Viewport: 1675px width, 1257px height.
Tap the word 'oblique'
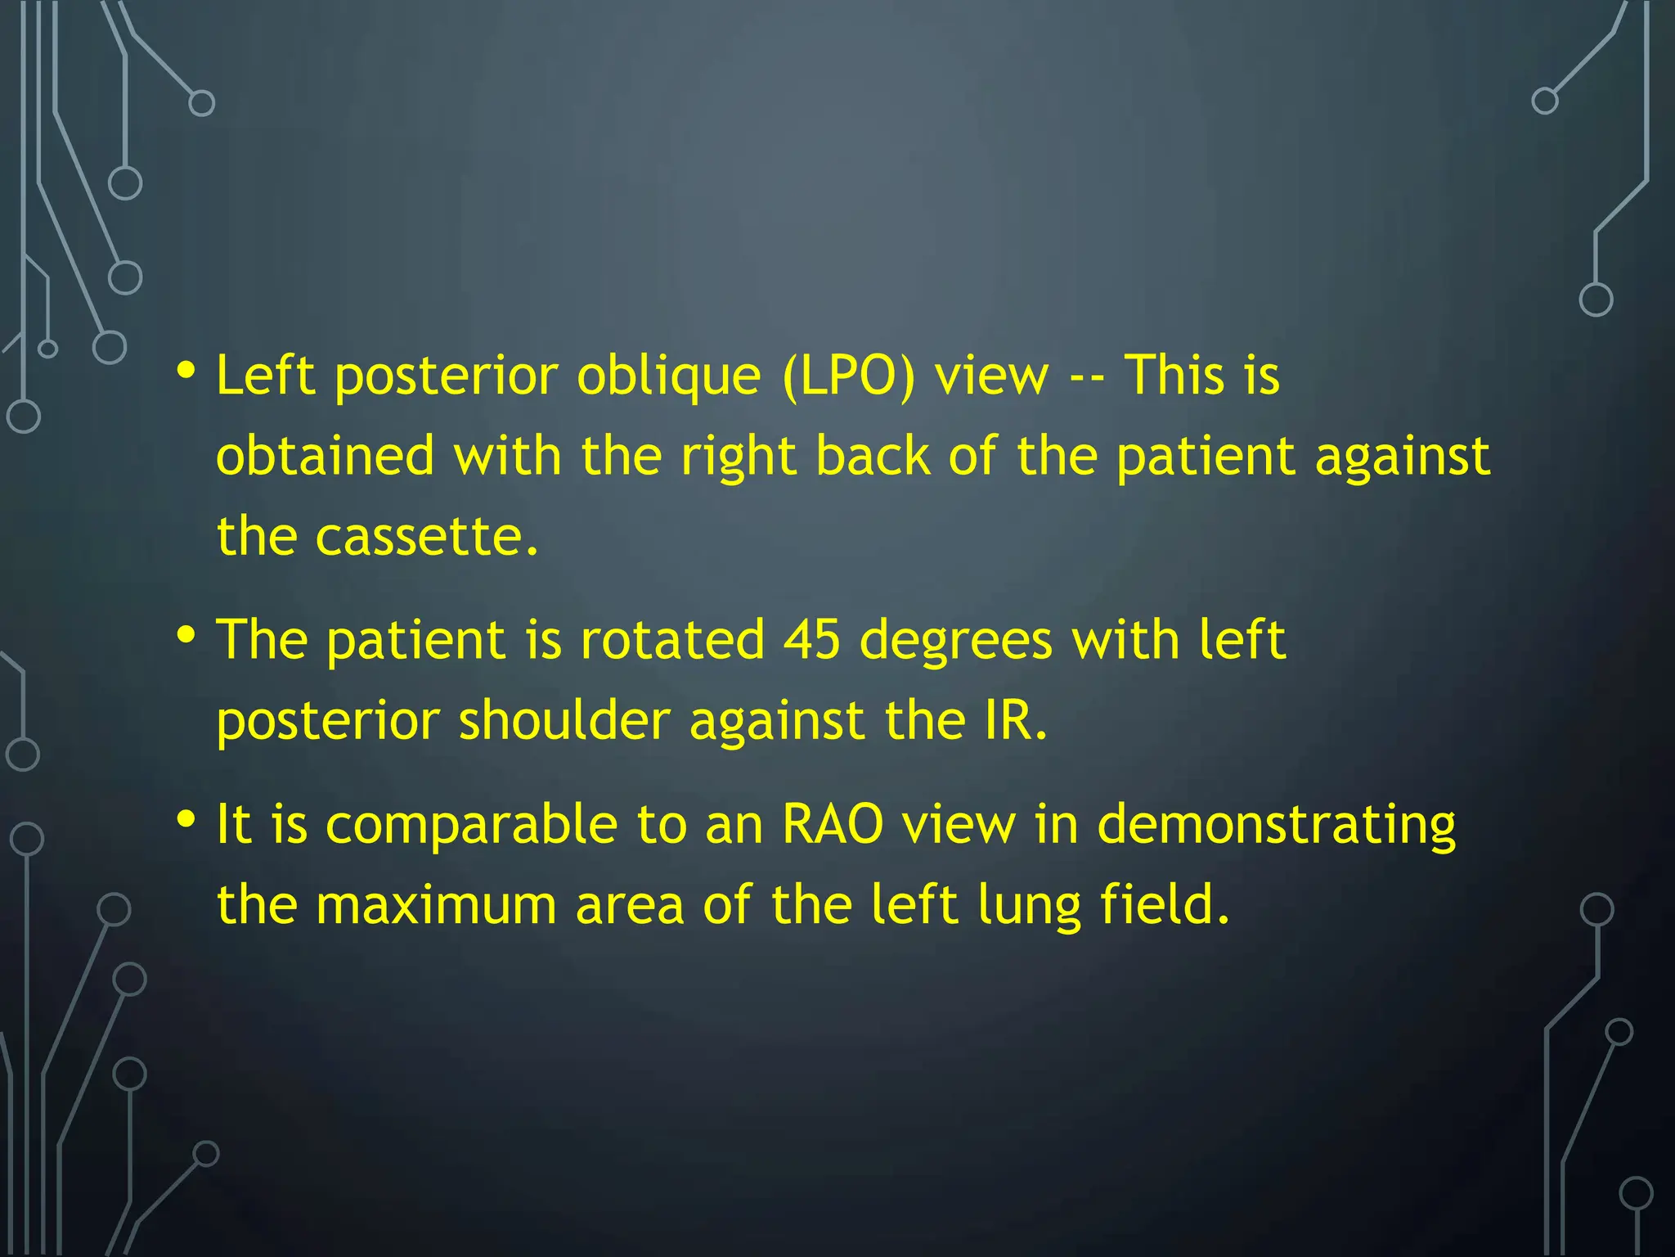pyautogui.click(x=668, y=377)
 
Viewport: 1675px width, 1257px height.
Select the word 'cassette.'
pyautogui.click(x=427, y=538)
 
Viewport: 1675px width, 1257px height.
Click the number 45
pyautogui.click(x=811, y=640)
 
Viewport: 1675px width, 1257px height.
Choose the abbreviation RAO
pyautogui.click(x=832, y=824)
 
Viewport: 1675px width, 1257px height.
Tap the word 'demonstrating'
pyautogui.click(x=1276, y=826)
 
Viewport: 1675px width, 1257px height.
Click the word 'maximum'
pyautogui.click(x=436, y=906)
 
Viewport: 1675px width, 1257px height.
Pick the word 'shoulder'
pyautogui.click(x=564, y=721)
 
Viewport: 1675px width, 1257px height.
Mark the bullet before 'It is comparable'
pyautogui.click(x=186, y=819)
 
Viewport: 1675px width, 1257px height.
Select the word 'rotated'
pyautogui.click(x=671, y=640)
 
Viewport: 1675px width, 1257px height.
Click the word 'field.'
pyautogui.click(x=1164, y=906)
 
